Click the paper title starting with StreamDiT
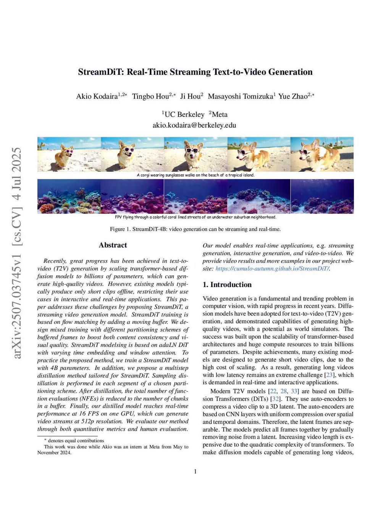(x=195, y=72)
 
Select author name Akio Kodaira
(x=97, y=96)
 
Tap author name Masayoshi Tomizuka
(x=240, y=96)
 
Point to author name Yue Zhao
(x=292, y=96)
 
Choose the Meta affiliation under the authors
(x=219, y=114)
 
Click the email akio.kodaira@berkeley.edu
(x=194, y=125)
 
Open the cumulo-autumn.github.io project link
(x=272, y=268)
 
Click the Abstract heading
(x=113, y=245)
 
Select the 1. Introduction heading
(x=227, y=285)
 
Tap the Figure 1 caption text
(x=195, y=229)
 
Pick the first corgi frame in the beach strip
(x=69, y=154)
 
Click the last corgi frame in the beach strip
(x=322, y=154)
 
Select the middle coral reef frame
(x=195, y=196)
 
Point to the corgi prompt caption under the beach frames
(x=195, y=175)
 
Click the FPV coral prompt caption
(x=195, y=217)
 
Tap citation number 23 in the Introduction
(x=329, y=375)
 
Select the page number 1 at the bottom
(x=195, y=472)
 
